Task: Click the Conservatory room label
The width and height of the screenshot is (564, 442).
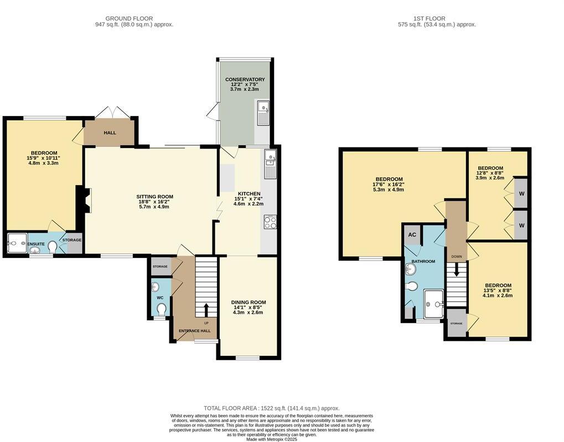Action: (x=245, y=80)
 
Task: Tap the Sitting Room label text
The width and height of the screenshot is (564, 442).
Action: (x=154, y=196)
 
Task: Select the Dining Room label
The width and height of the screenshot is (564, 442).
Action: (x=249, y=302)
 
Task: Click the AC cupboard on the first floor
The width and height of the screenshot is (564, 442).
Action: (x=412, y=235)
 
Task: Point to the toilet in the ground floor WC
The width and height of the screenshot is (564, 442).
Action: (x=162, y=309)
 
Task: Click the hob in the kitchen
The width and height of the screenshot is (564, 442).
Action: (x=270, y=222)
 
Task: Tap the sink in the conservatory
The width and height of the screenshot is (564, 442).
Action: (x=263, y=113)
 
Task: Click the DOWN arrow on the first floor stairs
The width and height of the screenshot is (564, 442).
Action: (x=457, y=270)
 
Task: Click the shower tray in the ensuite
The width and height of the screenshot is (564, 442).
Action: (x=17, y=244)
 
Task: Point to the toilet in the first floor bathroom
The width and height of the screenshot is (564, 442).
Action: (x=411, y=286)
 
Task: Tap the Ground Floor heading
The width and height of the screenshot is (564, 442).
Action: (x=129, y=18)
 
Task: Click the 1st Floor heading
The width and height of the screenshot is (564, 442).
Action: (x=429, y=18)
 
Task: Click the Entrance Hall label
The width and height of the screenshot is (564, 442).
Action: (x=195, y=331)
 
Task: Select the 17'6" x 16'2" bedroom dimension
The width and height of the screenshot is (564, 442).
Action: (x=389, y=185)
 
